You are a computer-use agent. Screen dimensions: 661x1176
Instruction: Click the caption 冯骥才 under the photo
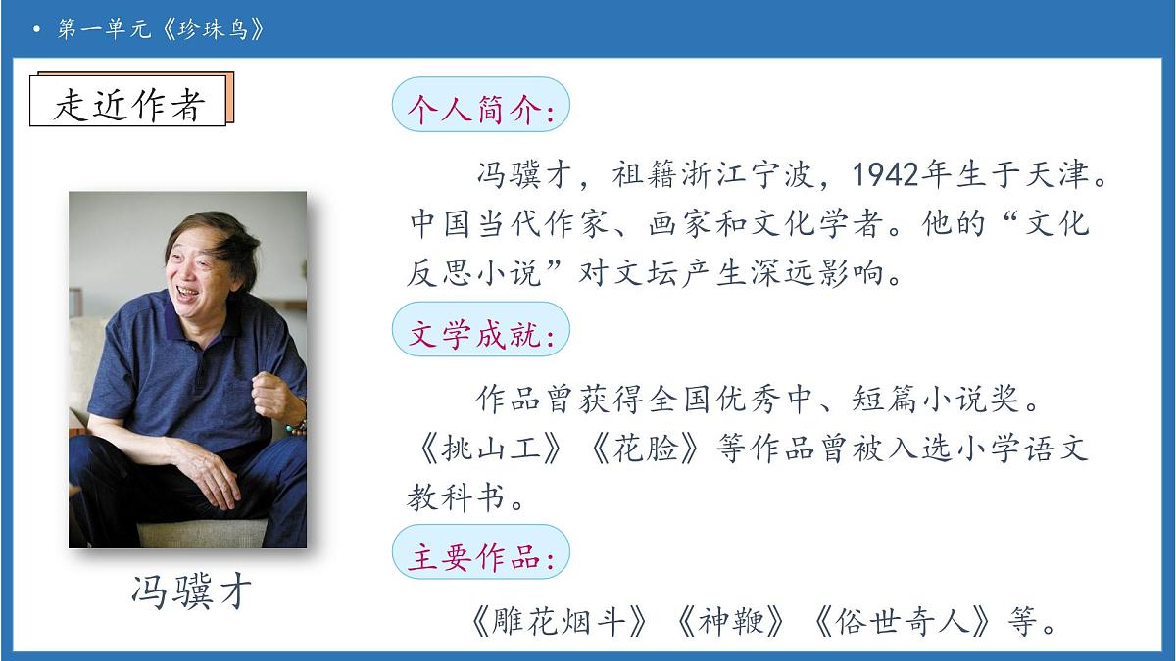[x=191, y=591]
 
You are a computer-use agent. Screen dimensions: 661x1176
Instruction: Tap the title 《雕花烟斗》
[x=559, y=621]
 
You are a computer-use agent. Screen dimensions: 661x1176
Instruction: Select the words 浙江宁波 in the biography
[x=734, y=176]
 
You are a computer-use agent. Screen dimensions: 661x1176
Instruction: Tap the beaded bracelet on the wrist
[x=293, y=427]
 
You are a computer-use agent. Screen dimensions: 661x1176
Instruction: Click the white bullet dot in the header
[x=36, y=30]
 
